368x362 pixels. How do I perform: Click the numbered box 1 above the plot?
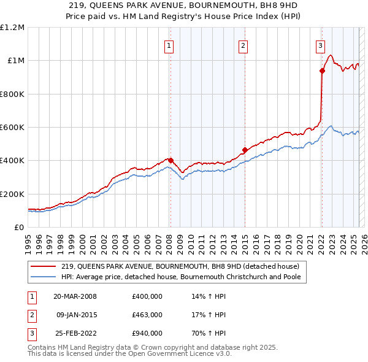[169, 44]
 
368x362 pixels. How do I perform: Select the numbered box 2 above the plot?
[243, 44]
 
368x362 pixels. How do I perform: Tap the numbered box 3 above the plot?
[320, 44]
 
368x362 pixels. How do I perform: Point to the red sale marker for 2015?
[245, 150]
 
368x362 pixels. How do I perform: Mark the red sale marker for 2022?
[322, 71]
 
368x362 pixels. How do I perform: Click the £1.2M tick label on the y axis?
[12, 28]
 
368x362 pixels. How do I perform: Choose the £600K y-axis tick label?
[12, 128]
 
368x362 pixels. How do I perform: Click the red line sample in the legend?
[44, 266]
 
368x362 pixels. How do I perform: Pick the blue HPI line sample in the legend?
[44, 277]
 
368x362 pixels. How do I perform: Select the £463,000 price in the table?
[147, 315]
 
